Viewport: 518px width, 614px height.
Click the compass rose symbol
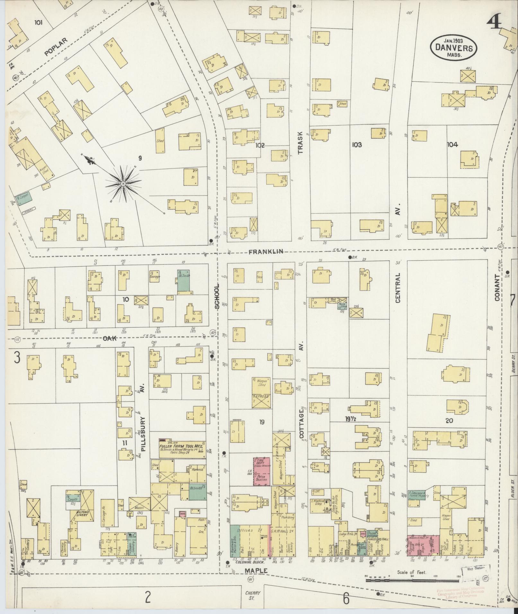[123, 184]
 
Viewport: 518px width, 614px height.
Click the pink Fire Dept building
[261, 471]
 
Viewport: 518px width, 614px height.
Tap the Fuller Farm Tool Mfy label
[182, 446]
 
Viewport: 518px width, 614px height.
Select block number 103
[357, 145]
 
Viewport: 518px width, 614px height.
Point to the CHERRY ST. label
[252, 595]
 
